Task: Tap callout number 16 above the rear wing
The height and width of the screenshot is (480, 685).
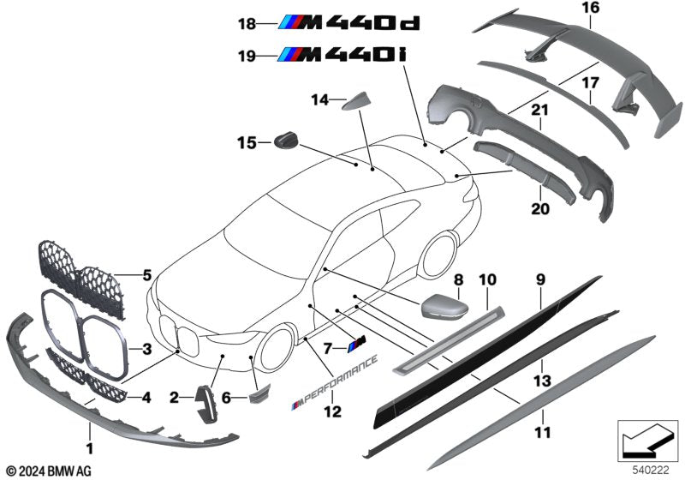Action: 591,9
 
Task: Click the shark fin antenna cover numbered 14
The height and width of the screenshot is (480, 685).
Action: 357,104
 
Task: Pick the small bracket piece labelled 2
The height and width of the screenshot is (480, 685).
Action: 207,403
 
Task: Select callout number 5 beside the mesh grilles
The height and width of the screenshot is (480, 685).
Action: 146,276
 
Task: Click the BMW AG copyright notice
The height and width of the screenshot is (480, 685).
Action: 48,471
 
